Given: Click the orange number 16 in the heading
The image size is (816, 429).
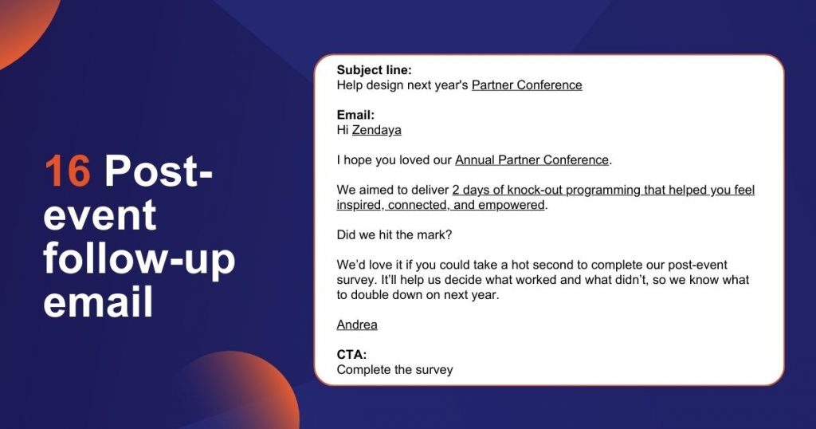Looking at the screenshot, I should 68,171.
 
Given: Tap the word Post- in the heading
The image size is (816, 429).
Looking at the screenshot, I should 159,171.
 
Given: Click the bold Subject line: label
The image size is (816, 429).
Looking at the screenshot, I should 374,70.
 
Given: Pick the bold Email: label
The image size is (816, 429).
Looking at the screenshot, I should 355,115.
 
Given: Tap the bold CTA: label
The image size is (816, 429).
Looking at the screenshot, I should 351,354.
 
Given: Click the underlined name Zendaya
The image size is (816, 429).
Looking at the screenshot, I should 376,130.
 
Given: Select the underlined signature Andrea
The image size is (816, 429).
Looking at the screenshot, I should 357,325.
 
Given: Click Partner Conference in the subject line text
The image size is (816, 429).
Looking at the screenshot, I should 527,85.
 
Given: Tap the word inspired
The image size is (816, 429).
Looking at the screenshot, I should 361,205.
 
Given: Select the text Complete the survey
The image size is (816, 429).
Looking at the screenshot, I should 394,369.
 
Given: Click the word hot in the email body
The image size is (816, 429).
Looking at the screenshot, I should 539,265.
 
